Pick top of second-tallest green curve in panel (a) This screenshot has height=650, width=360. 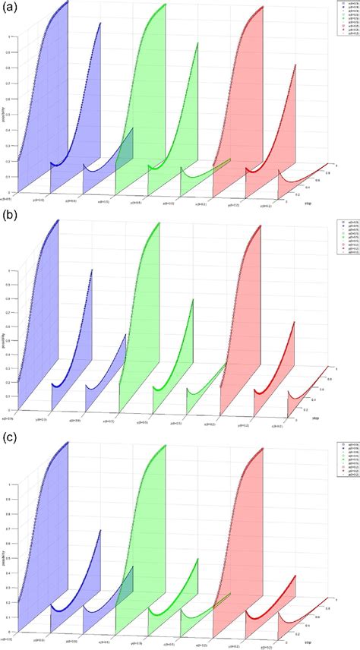(198, 43)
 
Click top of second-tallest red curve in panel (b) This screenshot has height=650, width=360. (295, 323)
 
